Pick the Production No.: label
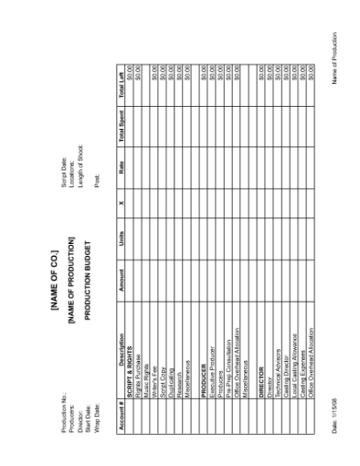pos(61,424)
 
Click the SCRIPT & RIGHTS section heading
pos(125,398)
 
